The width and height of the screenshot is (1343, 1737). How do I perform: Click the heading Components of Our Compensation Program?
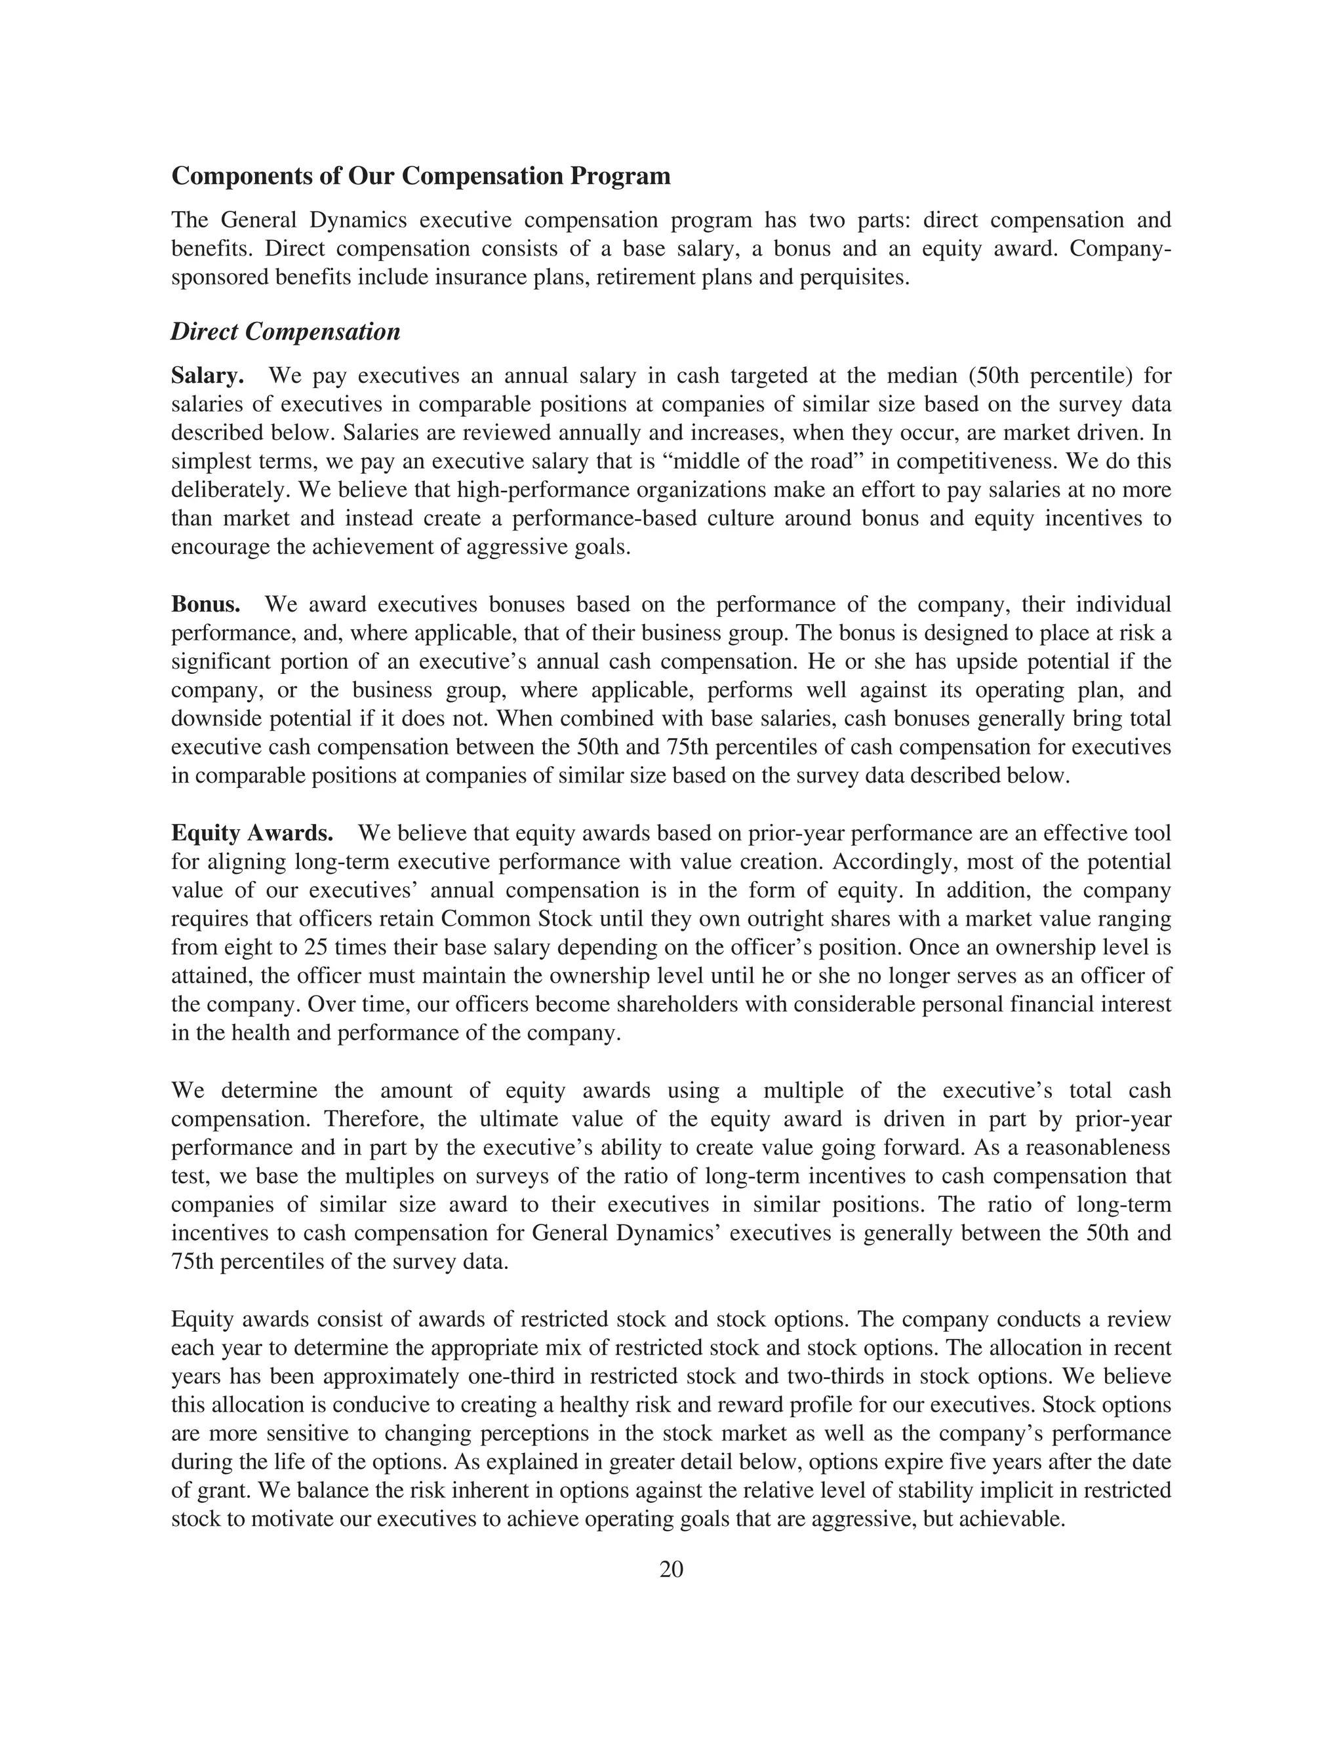click(x=421, y=176)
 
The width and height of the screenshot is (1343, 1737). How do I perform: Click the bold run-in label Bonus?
click(x=205, y=604)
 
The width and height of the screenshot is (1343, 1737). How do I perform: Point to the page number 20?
click(x=671, y=1569)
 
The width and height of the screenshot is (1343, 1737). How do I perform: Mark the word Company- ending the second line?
click(x=1120, y=249)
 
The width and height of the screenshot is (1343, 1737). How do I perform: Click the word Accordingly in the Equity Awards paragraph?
click(x=891, y=862)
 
